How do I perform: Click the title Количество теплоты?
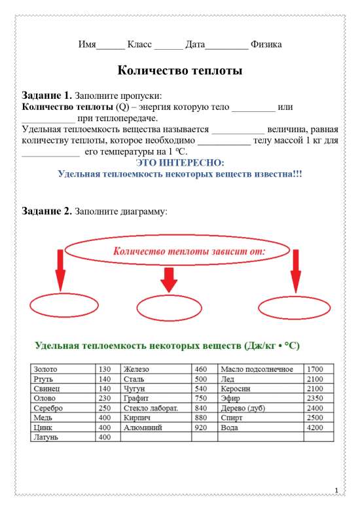tap(179, 71)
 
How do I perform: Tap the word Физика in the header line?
tap(266, 45)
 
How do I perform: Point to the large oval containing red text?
tap(168, 251)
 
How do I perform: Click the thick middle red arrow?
tap(170, 280)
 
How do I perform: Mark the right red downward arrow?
tap(295, 270)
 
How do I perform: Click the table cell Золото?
tap(48, 369)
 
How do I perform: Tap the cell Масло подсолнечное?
tap(257, 369)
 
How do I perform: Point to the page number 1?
tap(336, 490)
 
